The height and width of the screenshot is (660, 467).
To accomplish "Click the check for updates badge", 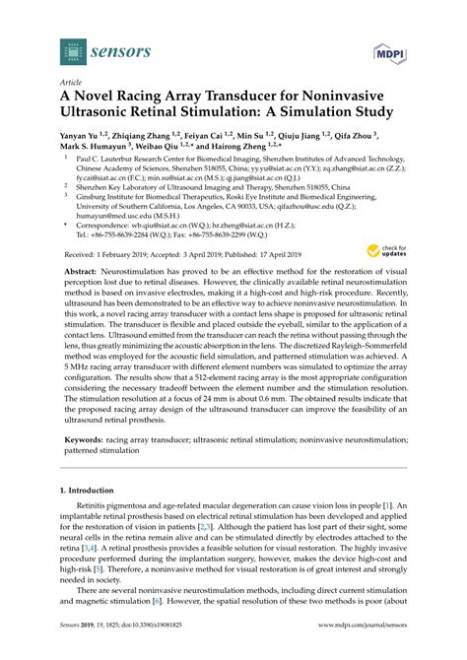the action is (380, 252).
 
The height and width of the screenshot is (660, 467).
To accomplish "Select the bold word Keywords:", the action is (84, 456).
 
